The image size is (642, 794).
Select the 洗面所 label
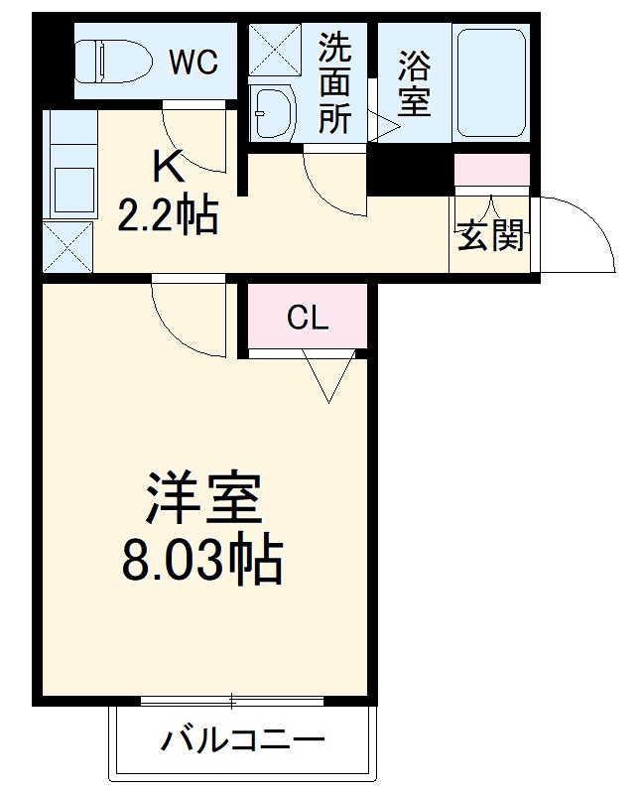pos(334,83)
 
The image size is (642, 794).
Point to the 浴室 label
pos(415,83)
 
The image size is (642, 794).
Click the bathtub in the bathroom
pos(490,83)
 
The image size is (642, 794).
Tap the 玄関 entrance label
pos(490,236)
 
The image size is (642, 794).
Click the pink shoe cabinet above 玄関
pos(492,171)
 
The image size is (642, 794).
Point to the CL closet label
pos(307,318)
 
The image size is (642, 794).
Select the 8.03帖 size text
pos(202,562)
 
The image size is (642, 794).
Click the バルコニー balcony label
pos(244,740)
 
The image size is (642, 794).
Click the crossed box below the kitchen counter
pos(66,246)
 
